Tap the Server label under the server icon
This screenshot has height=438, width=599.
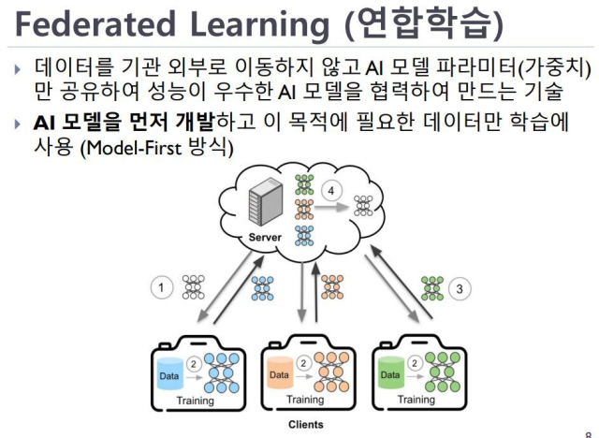(265, 238)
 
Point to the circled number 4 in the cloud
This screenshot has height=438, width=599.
(329, 191)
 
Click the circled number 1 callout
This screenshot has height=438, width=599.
(161, 288)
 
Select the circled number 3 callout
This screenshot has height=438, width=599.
(459, 288)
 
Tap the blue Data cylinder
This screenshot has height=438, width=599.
(168, 373)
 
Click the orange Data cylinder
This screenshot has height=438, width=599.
(280, 374)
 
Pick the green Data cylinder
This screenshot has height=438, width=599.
(390, 374)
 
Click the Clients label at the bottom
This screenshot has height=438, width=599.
(305, 424)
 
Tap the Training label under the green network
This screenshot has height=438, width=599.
(416, 401)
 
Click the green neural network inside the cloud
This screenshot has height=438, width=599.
(305, 184)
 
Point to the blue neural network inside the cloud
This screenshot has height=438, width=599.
(305, 235)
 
